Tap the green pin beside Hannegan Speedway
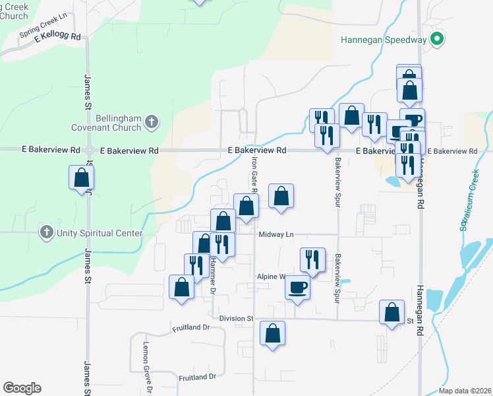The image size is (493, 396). (436, 40)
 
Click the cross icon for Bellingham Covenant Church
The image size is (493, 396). (152, 121)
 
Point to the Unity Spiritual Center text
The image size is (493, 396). (100, 233)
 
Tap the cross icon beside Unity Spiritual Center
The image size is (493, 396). (46, 232)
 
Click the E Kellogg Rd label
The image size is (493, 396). (58, 37)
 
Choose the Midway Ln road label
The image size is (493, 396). (275, 234)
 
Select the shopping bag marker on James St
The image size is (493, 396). (81, 178)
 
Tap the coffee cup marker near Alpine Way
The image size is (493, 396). (297, 288)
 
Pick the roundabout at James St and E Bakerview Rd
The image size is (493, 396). (89, 150)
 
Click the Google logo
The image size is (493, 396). (22, 388)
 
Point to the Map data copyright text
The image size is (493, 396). (464, 391)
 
